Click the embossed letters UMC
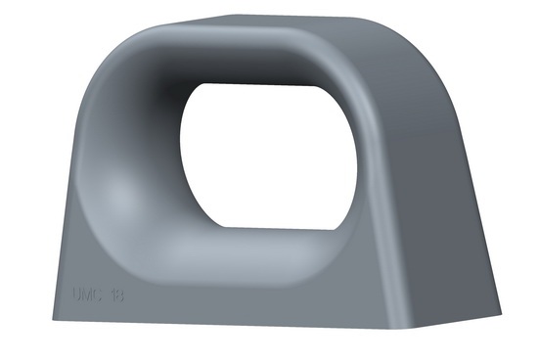coord(89,292)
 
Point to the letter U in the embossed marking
coord(78,292)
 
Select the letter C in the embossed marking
coord(100,292)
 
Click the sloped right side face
coord(450,196)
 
